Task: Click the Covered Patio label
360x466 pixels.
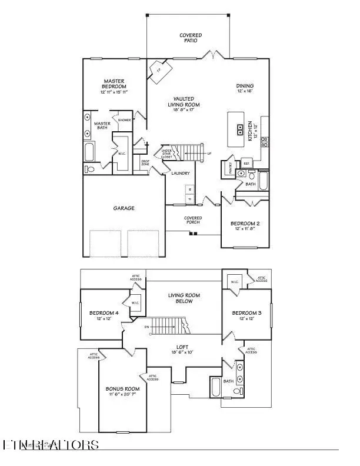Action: click(x=191, y=39)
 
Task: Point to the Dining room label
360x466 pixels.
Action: click(x=244, y=88)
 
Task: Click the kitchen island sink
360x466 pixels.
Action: click(x=240, y=130)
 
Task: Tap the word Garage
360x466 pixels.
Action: click(x=124, y=208)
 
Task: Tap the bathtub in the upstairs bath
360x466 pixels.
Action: click(x=215, y=389)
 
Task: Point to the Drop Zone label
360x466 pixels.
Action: click(x=145, y=164)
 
